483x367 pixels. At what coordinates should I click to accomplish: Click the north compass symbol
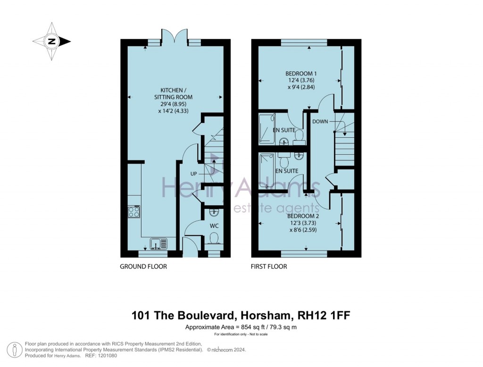point(51,42)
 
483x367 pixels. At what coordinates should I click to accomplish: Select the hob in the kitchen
point(133,212)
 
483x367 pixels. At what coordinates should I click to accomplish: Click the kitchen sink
point(158,244)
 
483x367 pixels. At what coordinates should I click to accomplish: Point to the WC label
point(214,225)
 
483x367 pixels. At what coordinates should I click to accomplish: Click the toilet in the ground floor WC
point(214,238)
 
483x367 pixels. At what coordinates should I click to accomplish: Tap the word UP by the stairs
point(194,173)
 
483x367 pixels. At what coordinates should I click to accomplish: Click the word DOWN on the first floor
point(320,121)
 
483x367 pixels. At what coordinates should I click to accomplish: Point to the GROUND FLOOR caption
point(143,267)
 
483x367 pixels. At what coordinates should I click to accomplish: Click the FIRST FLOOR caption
point(269,267)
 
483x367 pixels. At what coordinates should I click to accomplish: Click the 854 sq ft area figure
point(251,327)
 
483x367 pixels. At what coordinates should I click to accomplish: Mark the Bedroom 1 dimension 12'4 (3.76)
point(301,81)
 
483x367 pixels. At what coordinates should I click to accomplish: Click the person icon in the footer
point(16,350)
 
